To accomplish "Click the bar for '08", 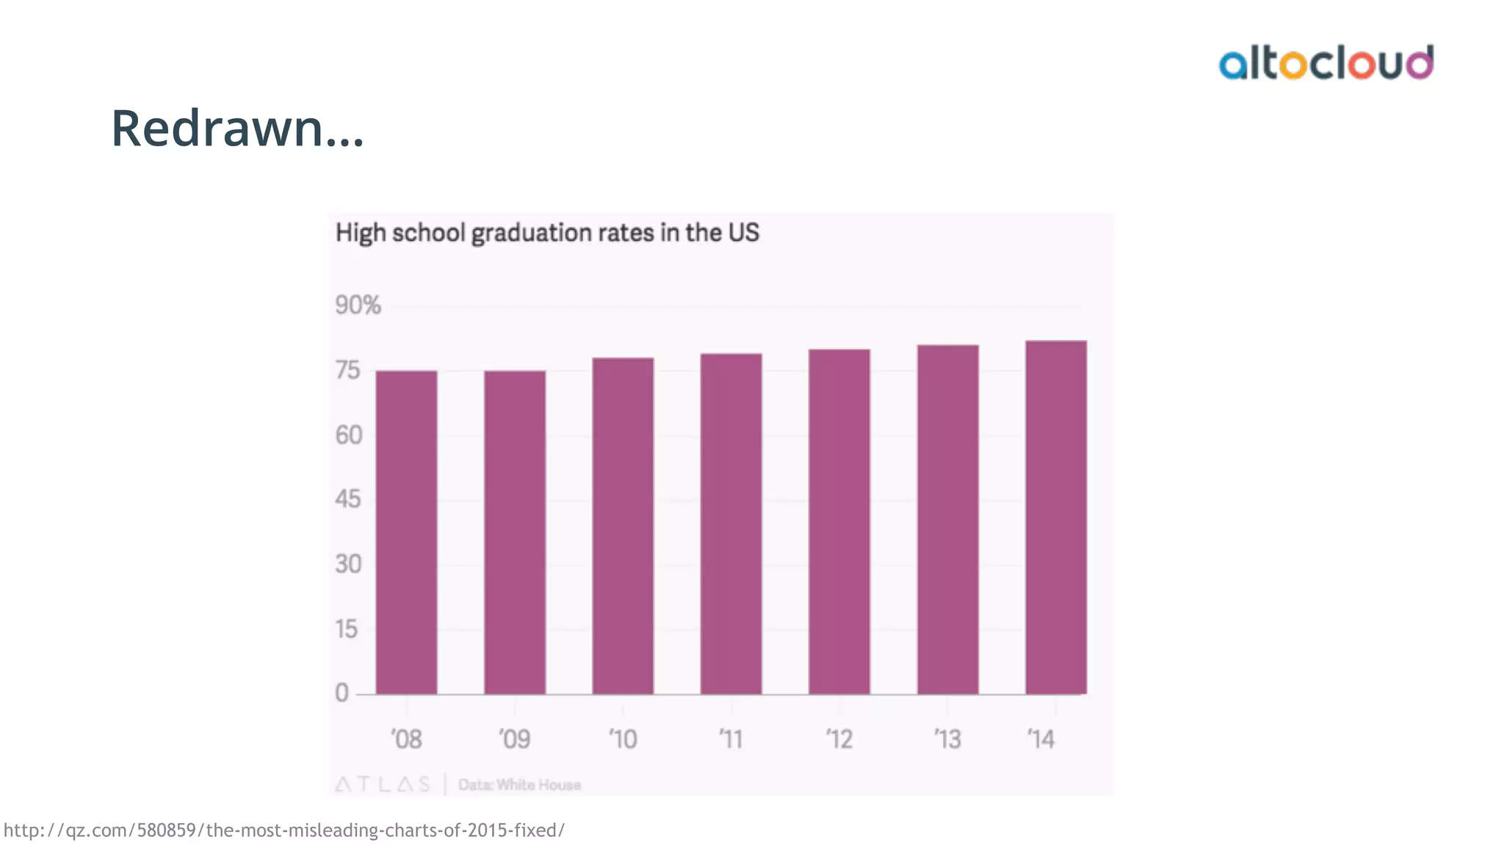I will (406, 532).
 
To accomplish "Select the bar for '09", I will (514, 532).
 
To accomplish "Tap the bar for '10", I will (623, 526).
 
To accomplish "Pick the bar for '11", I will (731, 524).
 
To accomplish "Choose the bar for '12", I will (839, 521).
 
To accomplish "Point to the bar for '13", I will (947, 519).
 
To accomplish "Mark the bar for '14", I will (1056, 517).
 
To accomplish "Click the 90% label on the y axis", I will (358, 305).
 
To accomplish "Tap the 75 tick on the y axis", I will (348, 370).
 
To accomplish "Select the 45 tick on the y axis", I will (348, 499).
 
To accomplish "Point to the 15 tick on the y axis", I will (347, 629).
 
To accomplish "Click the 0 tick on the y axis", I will (342, 693).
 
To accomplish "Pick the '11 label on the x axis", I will (731, 739).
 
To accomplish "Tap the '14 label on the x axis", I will (1041, 739).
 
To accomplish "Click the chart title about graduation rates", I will (547, 233).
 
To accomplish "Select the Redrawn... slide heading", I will (237, 129).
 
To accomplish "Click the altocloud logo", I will (1326, 63).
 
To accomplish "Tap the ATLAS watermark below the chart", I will (383, 784).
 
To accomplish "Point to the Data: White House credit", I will (519, 784).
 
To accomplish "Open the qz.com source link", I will (284, 830).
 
